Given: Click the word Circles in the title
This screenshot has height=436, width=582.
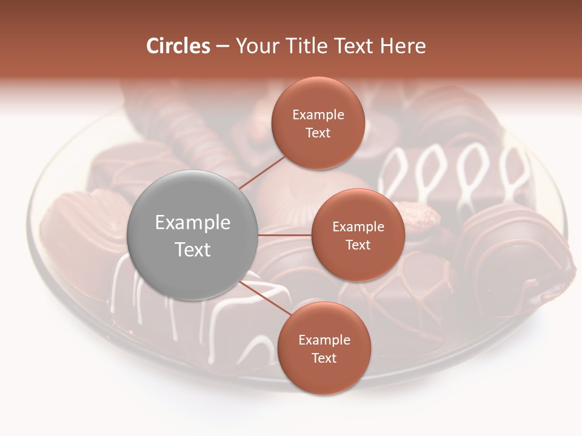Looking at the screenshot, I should (178, 46).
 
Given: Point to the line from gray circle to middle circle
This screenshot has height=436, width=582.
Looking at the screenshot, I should (285, 235).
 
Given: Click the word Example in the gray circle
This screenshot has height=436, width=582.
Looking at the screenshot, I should (193, 223).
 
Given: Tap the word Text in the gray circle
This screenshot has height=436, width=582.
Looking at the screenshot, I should (193, 249).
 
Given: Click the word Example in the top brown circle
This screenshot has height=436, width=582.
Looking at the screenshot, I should (318, 114).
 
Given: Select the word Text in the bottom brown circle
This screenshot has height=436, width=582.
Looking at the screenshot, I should (324, 358).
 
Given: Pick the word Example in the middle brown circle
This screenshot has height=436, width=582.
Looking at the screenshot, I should (358, 227).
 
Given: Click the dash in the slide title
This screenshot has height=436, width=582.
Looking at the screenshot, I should (222, 46).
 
